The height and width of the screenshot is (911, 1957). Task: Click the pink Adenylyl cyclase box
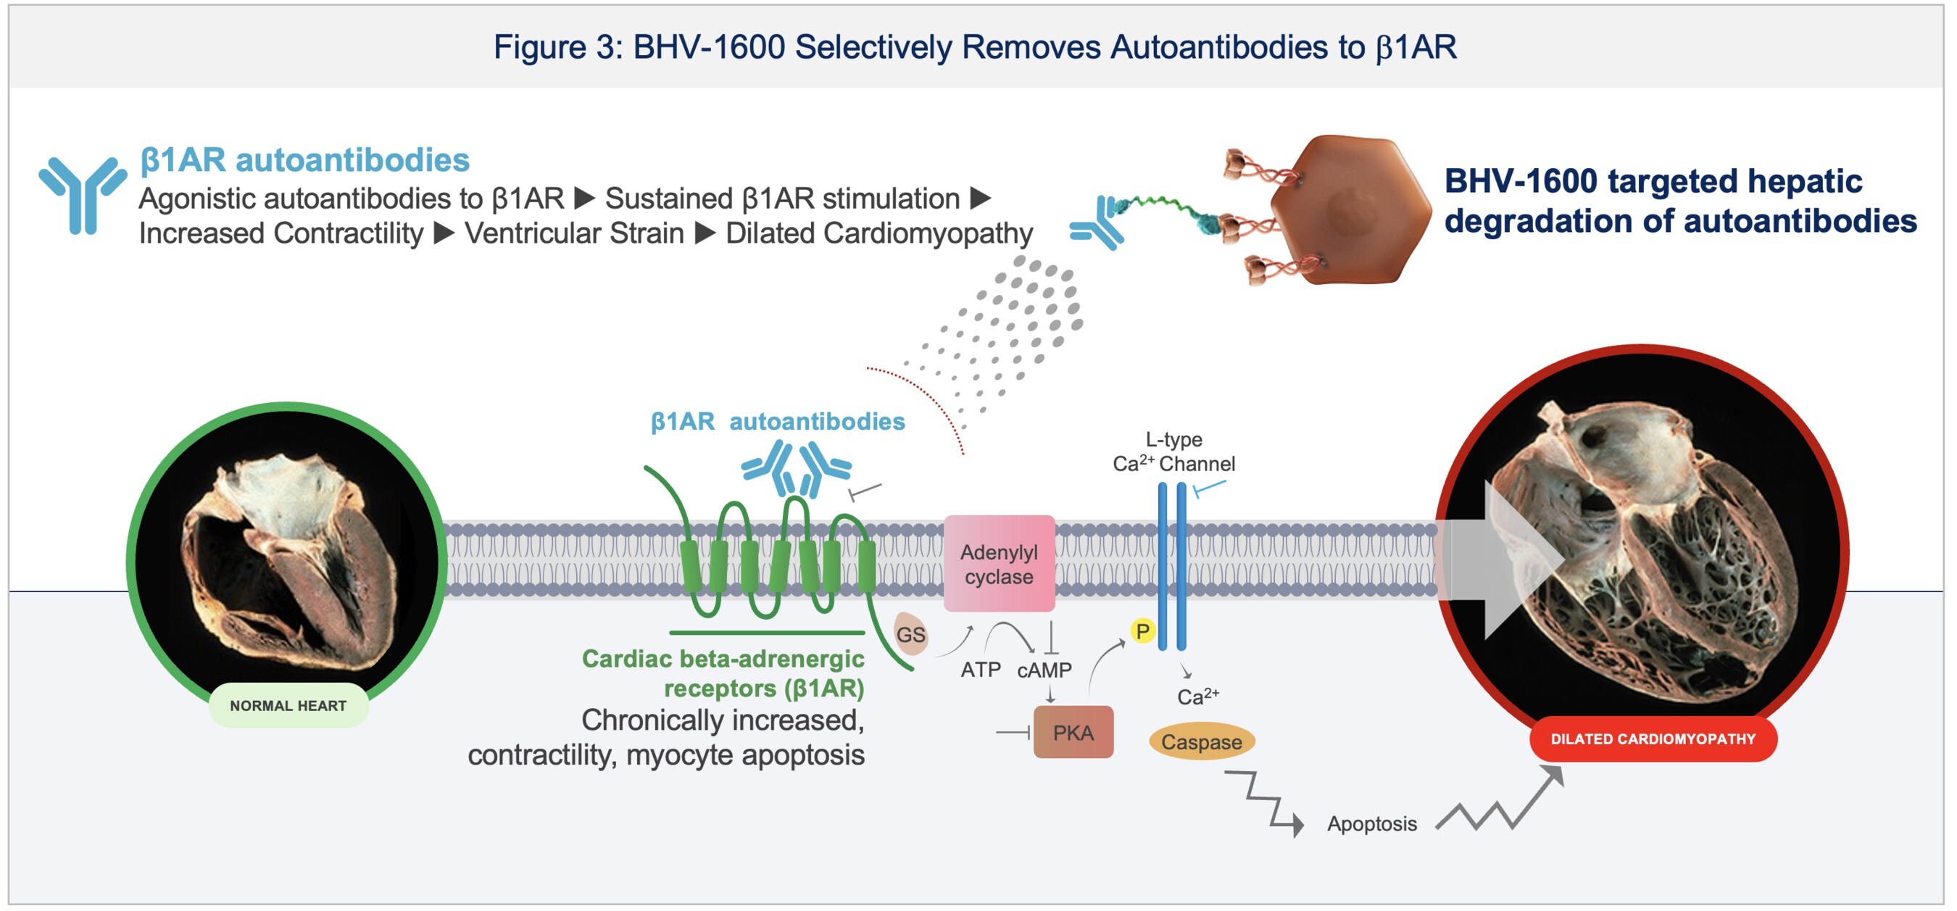point(998,564)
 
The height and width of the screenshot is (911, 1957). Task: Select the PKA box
point(1073,733)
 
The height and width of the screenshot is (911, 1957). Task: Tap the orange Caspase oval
point(1201,741)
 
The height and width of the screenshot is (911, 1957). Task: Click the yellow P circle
point(1142,631)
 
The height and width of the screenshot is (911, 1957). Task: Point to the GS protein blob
point(910,633)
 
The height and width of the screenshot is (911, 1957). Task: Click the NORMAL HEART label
point(288,705)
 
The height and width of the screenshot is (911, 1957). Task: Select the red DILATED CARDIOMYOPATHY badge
point(1653,739)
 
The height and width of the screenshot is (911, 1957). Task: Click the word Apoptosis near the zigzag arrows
point(1371,823)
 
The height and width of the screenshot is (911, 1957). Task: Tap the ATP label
point(980,670)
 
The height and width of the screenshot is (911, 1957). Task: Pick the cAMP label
point(1044,670)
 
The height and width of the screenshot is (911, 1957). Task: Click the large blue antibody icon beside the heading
point(82,194)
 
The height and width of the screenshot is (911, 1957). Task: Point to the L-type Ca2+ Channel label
point(1173,452)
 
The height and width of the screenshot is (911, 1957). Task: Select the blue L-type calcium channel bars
point(1171,566)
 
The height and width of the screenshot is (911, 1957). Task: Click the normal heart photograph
point(287,559)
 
